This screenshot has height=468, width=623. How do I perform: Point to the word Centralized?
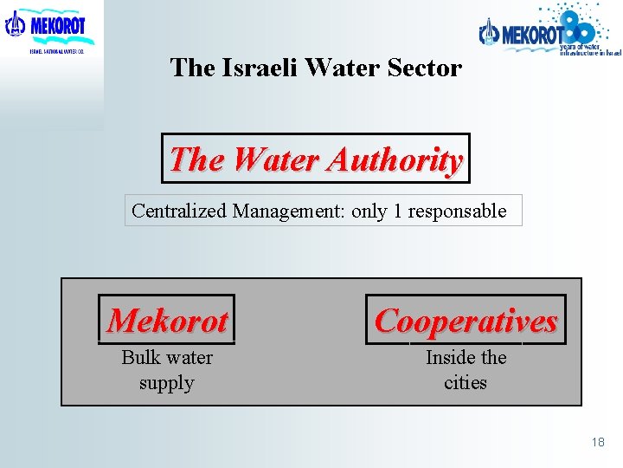coord(179,211)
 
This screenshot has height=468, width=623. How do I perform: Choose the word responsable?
coord(458,211)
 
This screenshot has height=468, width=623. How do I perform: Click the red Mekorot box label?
coord(167,321)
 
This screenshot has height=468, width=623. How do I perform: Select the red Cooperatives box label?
coord(466,321)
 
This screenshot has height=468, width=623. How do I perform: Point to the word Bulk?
coord(140,357)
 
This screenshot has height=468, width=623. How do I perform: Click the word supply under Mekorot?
coord(166,382)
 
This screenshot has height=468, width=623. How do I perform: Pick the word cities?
coord(466,382)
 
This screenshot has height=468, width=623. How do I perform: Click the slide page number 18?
coord(598,442)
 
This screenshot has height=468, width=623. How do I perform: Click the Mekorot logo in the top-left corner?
coord(48,29)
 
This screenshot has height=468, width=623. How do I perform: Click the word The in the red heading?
coord(197,159)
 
